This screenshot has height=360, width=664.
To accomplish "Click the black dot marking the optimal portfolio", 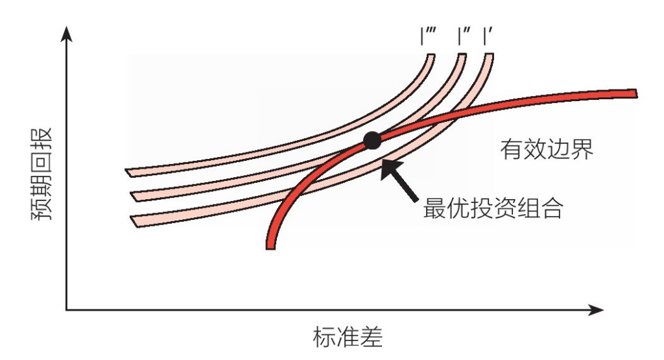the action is coord(372,141).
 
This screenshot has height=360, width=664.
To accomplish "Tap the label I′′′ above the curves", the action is coord(429,36).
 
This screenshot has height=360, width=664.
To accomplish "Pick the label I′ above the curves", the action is coord(488,36).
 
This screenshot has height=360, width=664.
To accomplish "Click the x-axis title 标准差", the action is coord(348,337).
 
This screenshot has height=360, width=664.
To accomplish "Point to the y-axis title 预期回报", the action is coord(42,174).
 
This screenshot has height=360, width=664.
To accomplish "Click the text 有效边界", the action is coord(547,149).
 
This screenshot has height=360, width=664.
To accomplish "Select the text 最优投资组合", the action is coord(493,208).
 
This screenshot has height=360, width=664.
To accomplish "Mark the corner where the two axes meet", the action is coord(67,310).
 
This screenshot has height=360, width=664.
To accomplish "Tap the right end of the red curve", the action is coord(636,93).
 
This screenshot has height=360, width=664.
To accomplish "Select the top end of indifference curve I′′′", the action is coord(431,54).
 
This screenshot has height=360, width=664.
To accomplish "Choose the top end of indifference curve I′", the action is coord(489,54).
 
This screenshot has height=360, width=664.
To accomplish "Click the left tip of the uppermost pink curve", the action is coord(126,170).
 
